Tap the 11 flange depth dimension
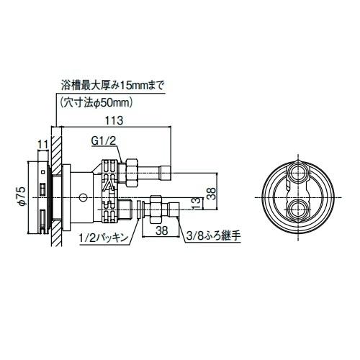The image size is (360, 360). click(42, 144)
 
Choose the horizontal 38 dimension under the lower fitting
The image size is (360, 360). click(161, 232)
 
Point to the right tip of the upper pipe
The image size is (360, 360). click(170, 173)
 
